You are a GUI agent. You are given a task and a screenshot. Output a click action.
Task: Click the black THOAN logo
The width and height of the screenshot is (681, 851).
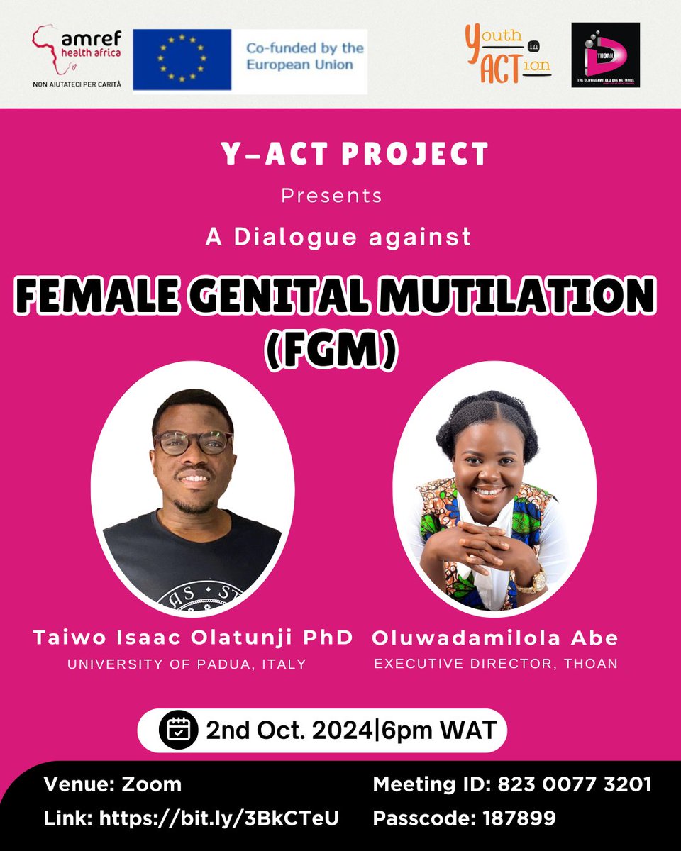[x=605, y=55]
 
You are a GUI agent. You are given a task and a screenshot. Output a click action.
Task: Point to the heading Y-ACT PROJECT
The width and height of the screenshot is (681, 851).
[x=340, y=154]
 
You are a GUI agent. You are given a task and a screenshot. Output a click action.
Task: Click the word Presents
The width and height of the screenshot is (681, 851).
[x=332, y=195]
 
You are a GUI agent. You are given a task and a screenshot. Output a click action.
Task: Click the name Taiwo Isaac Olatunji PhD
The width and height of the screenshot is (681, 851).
[x=193, y=638]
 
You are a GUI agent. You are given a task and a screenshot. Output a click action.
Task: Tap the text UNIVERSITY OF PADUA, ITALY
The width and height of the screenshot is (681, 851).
[x=187, y=664]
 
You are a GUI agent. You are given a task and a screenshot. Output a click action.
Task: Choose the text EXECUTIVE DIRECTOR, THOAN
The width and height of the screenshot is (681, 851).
[x=496, y=664]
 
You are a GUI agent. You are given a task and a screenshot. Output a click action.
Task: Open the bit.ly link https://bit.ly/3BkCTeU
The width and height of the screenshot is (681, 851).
[x=219, y=818]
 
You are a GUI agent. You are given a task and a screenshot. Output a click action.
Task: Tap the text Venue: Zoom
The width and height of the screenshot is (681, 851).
[x=112, y=784]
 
